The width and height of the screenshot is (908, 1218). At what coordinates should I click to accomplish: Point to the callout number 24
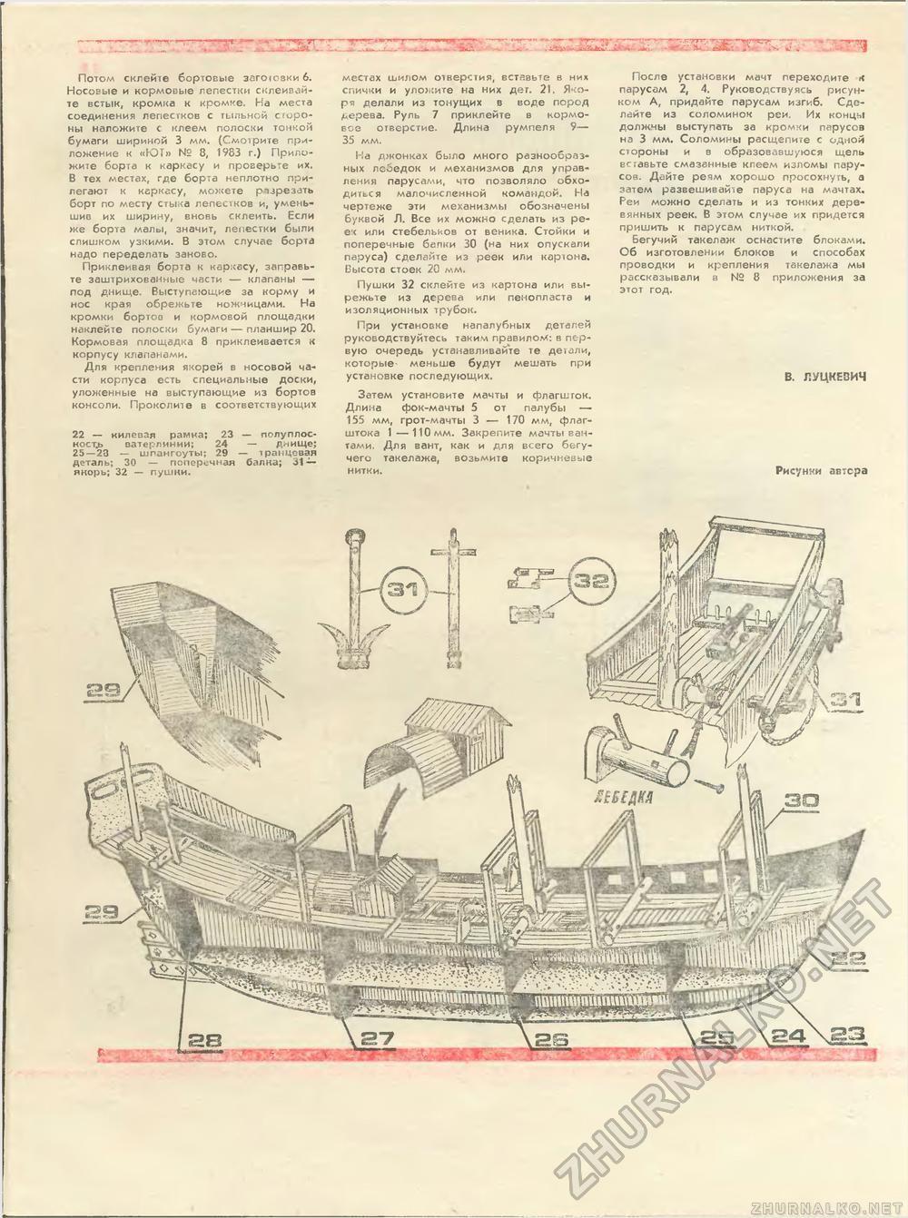point(790,1035)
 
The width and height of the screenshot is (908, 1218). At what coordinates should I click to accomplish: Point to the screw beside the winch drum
point(705,779)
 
